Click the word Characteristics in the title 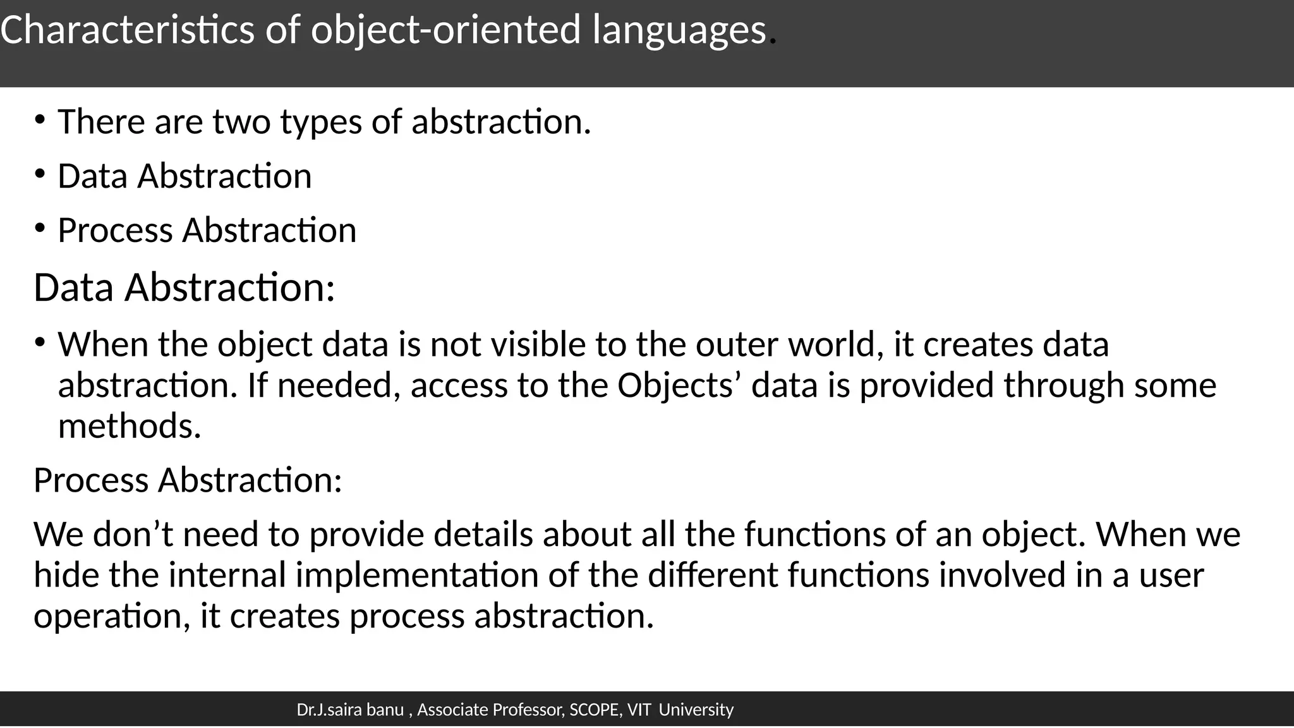(127, 30)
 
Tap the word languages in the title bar (679, 31)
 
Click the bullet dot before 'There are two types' (40, 119)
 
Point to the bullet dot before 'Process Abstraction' (40, 227)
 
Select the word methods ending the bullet (129, 426)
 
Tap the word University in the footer (696, 710)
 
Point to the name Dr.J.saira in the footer (329, 710)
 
